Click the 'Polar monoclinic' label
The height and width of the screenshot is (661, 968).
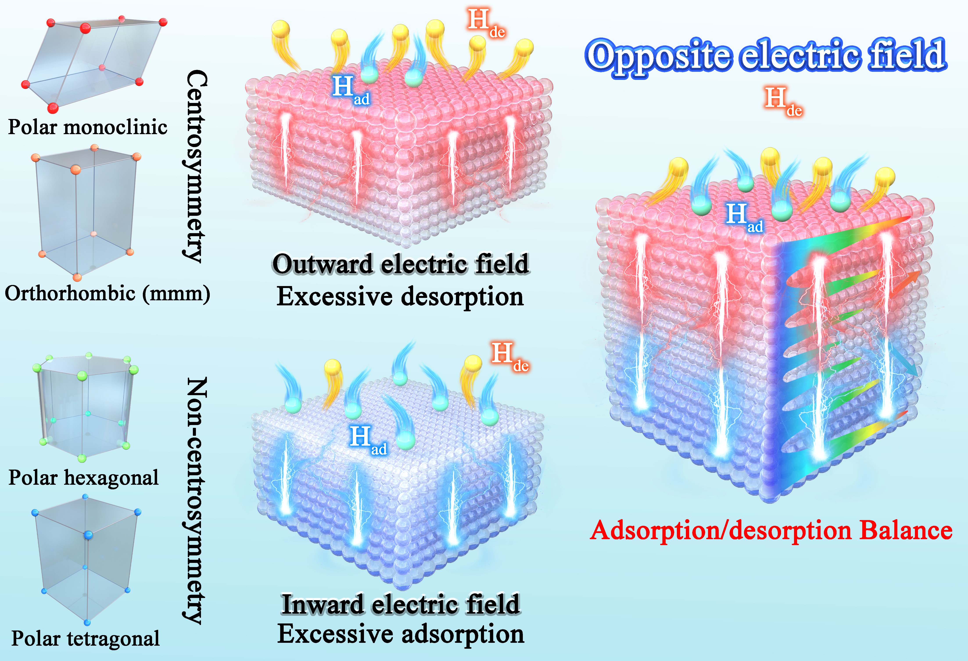tap(88, 127)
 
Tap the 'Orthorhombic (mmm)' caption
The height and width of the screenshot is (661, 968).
tap(108, 294)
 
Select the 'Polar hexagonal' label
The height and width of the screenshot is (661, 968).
tap(84, 478)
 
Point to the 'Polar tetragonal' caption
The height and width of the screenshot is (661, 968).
tap(85, 638)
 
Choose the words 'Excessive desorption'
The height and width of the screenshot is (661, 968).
tap(400, 297)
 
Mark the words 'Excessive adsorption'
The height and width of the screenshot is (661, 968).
tap(401, 634)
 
